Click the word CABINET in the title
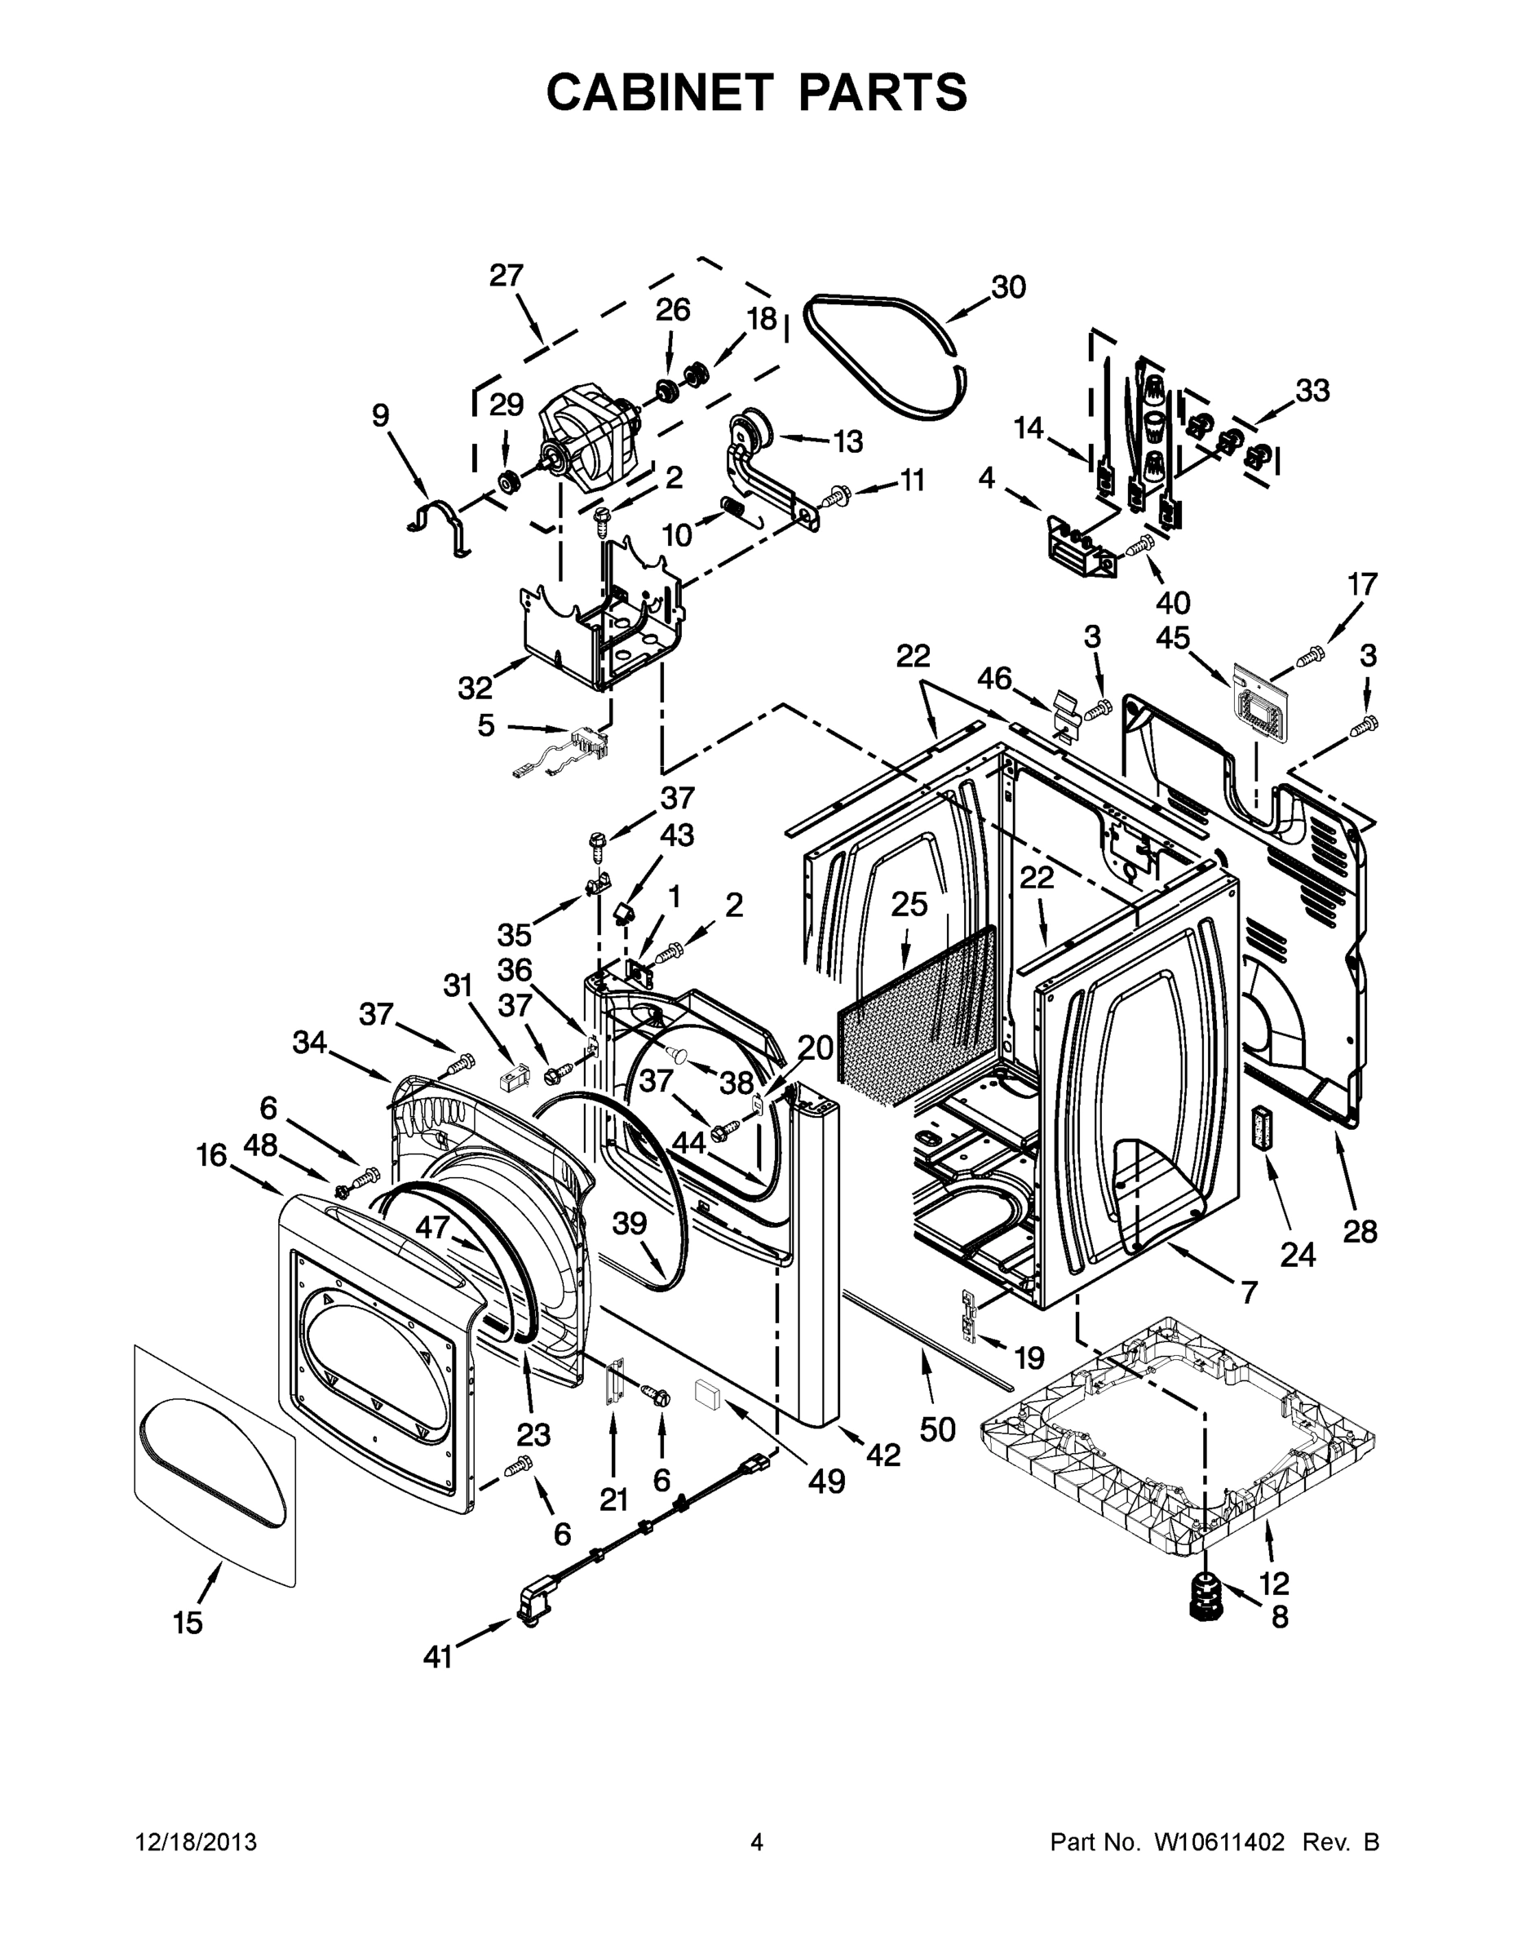[x=660, y=91]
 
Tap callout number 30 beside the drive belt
[x=1007, y=288]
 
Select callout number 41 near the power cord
[x=437, y=1659]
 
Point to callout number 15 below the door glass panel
[x=188, y=1623]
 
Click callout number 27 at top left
[x=507, y=275]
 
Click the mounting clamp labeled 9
[x=441, y=525]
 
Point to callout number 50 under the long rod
[x=937, y=1429]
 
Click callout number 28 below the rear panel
[x=1359, y=1232]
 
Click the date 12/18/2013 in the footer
[x=197, y=1842]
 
